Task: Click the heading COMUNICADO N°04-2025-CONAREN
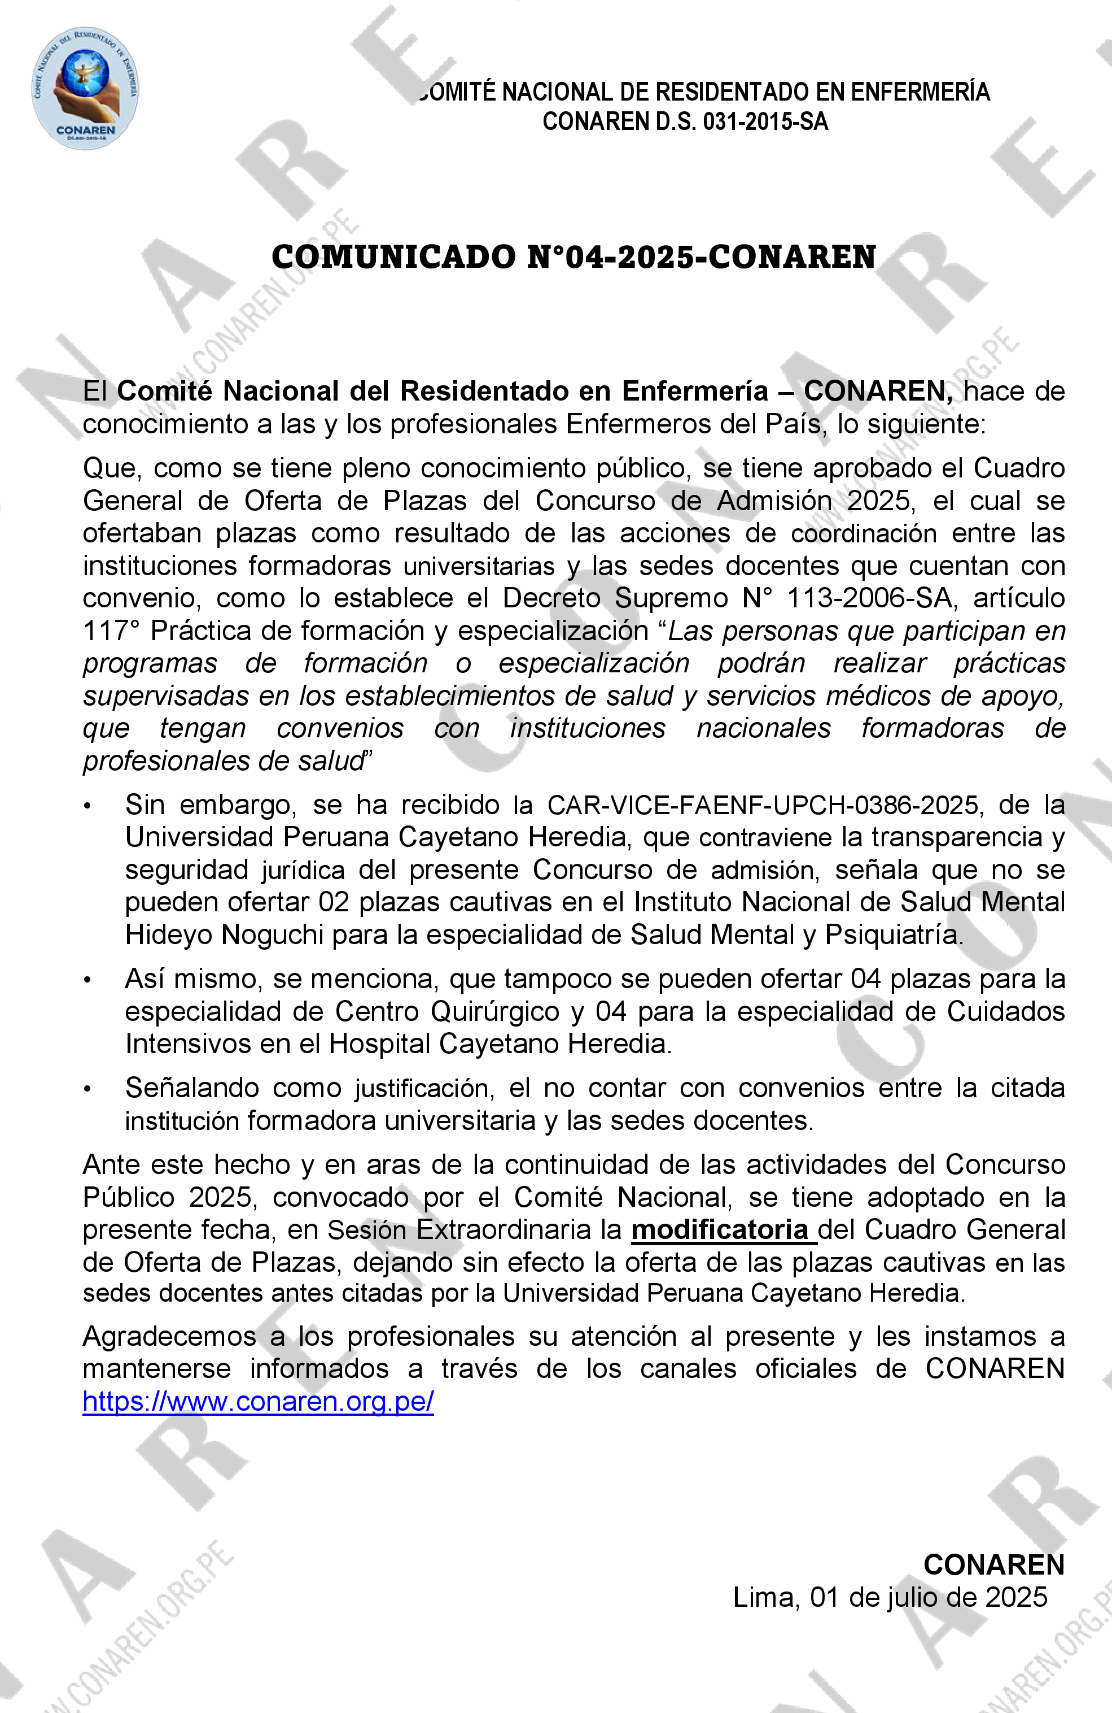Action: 573,258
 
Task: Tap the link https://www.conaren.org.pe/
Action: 258,1401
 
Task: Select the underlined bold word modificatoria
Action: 720,1229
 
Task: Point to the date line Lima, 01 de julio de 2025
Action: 890,1597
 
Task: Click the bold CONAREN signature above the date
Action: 993,1565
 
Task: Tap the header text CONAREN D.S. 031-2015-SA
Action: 685,121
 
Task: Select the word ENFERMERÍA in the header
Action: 920,92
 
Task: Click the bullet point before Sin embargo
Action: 87,806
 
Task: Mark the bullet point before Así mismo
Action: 87,980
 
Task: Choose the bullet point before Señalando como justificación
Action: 87,1089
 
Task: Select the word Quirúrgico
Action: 495,1011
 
